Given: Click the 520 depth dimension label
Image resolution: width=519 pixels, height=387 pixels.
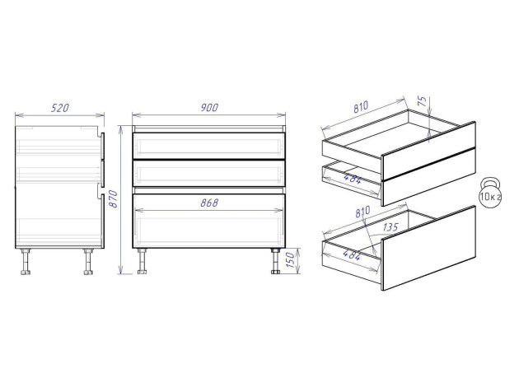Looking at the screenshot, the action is click(60, 108).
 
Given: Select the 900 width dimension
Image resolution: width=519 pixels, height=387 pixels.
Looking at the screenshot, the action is click(209, 108).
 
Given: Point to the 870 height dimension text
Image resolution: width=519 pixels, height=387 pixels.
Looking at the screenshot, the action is click(114, 198).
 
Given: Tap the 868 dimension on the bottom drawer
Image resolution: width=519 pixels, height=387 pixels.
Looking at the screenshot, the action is click(209, 203).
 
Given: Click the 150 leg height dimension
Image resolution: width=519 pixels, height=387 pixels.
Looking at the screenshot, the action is click(290, 260).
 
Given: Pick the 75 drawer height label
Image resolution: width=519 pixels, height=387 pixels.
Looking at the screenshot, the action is click(423, 101).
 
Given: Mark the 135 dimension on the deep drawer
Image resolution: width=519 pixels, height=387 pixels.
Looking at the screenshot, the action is click(390, 227).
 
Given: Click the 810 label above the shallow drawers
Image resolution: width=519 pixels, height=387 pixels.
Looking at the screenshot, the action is click(361, 107).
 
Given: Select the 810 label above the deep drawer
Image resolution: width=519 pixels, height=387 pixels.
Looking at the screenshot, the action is click(363, 212).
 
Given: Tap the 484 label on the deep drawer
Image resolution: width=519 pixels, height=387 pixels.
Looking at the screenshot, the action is click(352, 254).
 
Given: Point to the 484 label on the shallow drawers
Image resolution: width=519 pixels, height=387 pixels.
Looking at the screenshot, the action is click(353, 179).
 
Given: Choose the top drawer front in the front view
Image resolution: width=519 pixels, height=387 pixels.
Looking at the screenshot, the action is click(209, 146).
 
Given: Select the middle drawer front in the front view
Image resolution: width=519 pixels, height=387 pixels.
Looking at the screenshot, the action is click(209, 173).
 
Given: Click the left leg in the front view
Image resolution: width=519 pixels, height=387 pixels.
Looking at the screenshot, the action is click(143, 261).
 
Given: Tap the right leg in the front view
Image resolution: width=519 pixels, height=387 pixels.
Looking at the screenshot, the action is click(276, 261).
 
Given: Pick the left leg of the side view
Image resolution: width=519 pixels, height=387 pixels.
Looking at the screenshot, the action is click(26, 262).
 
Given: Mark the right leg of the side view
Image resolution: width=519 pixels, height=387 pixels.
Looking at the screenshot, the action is click(88, 262).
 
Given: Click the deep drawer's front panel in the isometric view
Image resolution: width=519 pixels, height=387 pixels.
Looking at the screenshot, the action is click(429, 248).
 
